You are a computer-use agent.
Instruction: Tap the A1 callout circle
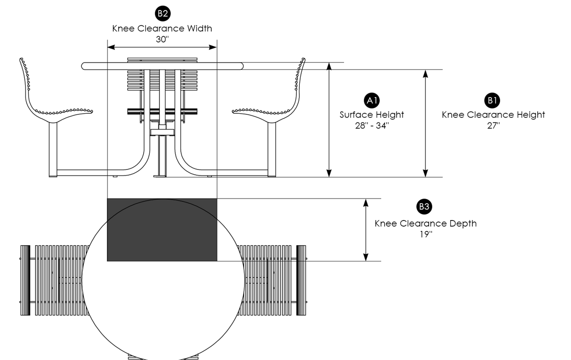click(372, 100)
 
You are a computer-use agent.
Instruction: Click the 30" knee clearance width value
click(162, 40)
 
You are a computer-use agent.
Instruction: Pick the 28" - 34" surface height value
click(372, 125)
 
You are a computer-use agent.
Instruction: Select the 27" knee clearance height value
click(492, 125)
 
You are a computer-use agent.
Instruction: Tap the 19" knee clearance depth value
click(425, 234)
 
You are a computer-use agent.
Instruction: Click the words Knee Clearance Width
click(162, 29)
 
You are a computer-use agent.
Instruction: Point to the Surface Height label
click(372, 115)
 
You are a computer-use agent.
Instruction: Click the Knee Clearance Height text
click(493, 115)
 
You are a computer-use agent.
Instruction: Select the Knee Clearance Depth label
click(425, 224)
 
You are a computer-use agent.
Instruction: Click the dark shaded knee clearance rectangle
click(162, 230)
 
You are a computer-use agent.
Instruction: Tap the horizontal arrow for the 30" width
click(162, 47)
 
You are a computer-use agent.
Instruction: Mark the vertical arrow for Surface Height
click(328, 119)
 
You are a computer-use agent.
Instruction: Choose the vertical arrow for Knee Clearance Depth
click(365, 230)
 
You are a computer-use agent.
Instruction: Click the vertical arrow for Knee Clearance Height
click(425, 123)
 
